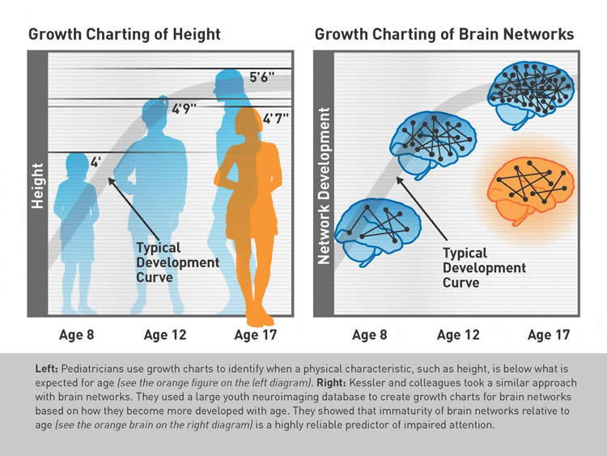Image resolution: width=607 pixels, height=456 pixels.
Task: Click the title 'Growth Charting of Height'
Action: pyautogui.click(x=125, y=35)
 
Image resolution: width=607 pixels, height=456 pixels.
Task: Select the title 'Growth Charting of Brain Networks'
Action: pyautogui.click(x=444, y=35)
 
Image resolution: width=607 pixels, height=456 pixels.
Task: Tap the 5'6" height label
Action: pyautogui.click(x=263, y=79)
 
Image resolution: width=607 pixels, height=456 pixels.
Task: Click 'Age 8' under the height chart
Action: pyautogui.click(x=77, y=335)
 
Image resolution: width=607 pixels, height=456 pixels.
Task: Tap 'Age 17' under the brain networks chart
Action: pyautogui.click(x=549, y=335)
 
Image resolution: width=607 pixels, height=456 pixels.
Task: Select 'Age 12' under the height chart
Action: pyautogui.click(x=167, y=335)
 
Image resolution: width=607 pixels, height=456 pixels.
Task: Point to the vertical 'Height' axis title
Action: pyautogui.click(x=37, y=185)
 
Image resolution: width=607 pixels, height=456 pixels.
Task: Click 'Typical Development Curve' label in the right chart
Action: pyautogui.click(x=484, y=268)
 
